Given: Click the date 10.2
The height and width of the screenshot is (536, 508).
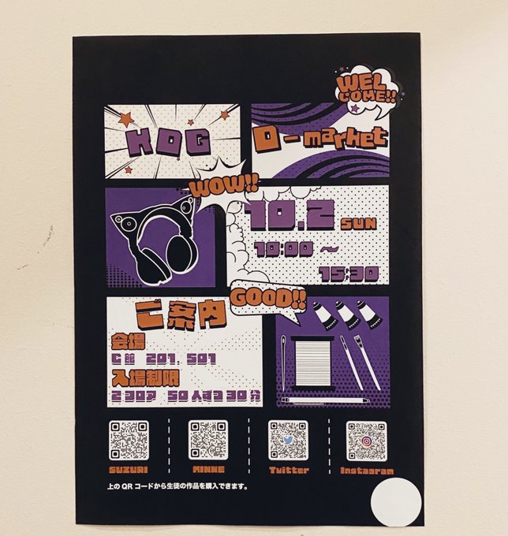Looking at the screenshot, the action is pyautogui.click(x=289, y=215).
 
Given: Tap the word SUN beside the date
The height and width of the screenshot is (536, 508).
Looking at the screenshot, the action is pyautogui.click(x=359, y=223).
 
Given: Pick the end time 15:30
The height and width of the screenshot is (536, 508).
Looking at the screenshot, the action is pyautogui.click(x=349, y=273).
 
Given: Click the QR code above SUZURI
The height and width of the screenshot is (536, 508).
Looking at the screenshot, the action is pyautogui.click(x=129, y=440).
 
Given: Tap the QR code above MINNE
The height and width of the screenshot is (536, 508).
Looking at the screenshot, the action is pyautogui.click(x=207, y=440).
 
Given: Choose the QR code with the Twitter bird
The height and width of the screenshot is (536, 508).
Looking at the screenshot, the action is pyautogui.click(x=287, y=440).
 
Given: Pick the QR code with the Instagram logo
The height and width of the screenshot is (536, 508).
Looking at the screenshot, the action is pyautogui.click(x=366, y=440).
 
